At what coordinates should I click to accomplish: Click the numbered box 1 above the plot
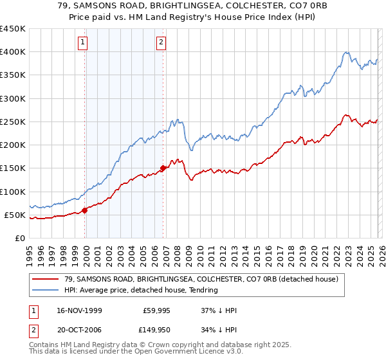(x=84, y=43)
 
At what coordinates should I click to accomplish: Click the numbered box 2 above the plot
(x=161, y=43)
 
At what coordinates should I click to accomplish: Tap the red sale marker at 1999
(x=85, y=210)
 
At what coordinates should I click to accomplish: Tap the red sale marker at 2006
(x=163, y=168)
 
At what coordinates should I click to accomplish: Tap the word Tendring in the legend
(x=202, y=291)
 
